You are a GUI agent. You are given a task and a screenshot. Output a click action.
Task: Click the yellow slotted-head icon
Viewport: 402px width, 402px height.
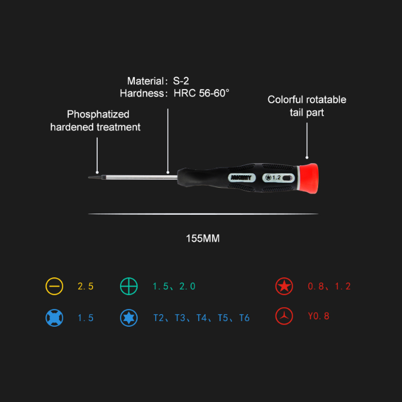[x=54, y=286]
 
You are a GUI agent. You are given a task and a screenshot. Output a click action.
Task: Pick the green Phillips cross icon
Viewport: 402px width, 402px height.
[x=129, y=286]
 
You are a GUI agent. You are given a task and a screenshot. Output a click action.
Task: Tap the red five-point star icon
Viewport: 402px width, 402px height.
[x=284, y=286]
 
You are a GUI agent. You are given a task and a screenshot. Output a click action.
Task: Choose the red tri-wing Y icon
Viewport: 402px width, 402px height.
[x=284, y=316]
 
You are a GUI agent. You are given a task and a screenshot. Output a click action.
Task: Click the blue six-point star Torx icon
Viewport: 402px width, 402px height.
[x=129, y=318]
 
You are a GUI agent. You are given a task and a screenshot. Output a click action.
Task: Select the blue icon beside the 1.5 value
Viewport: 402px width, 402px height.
[x=54, y=318]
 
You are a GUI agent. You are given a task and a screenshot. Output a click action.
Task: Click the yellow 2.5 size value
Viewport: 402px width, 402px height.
[x=85, y=286]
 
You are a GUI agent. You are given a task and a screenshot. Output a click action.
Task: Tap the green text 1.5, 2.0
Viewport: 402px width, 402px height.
[x=174, y=286]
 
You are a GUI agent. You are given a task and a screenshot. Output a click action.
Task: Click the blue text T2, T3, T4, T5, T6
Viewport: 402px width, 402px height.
[x=202, y=318]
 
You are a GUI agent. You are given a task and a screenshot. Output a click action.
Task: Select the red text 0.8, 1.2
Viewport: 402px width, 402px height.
[x=329, y=286]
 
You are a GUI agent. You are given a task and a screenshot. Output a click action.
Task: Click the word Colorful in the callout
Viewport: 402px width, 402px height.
[x=285, y=100]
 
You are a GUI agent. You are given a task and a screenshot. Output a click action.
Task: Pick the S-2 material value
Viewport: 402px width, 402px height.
[x=181, y=81]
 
